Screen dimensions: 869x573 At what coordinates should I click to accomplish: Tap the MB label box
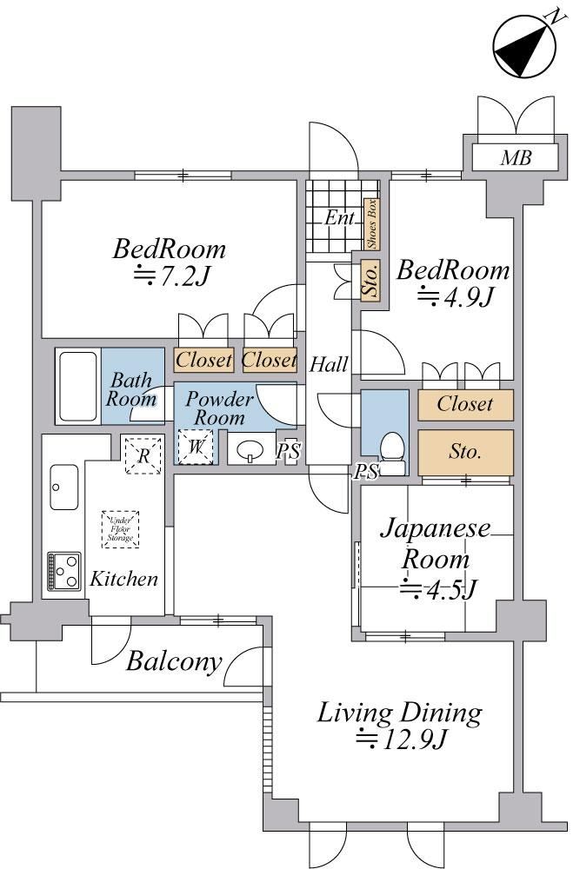pyautogui.click(x=515, y=158)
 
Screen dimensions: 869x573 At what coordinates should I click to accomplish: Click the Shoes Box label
pyautogui.click(x=371, y=224)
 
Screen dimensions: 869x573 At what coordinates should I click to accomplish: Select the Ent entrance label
pyautogui.click(x=338, y=218)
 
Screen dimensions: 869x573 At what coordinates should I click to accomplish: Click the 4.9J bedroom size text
pyautogui.click(x=456, y=297)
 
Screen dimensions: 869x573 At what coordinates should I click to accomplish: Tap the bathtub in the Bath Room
pyautogui.click(x=78, y=386)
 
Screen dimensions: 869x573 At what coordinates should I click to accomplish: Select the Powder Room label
pyautogui.click(x=219, y=408)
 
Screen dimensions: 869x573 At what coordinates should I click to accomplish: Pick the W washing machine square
pyautogui.click(x=196, y=448)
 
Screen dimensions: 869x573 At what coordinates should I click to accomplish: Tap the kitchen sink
pyautogui.click(x=64, y=487)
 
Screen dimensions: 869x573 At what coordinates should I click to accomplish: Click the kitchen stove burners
pyautogui.click(x=64, y=571)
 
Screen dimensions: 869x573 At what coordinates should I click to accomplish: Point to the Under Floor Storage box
pyautogui.click(x=121, y=529)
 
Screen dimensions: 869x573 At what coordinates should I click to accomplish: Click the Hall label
pyautogui.click(x=329, y=364)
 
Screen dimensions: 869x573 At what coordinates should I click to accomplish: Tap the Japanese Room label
pyautogui.click(x=436, y=543)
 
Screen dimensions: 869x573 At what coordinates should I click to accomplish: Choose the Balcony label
pyautogui.click(x=172, y=662)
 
